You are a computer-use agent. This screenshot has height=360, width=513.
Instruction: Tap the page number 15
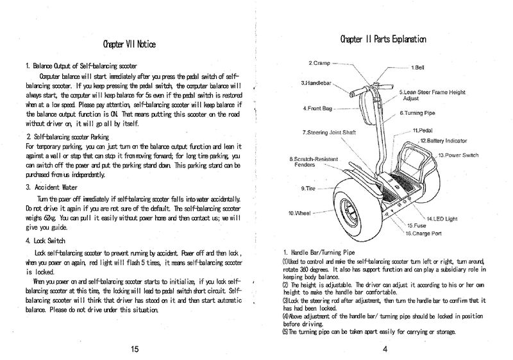pyautogui.click(x=134, y=349)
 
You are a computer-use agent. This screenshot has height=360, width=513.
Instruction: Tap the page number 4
pyautogui.click(x=383, y=349)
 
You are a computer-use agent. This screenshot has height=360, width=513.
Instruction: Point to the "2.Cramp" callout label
pyautogui.click(x=319, y=63)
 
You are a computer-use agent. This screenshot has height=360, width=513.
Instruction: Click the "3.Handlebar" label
pyautogui.click(x=315, y=83)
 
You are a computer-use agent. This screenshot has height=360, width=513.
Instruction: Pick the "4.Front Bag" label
pyautogui.click(x=317, y=108)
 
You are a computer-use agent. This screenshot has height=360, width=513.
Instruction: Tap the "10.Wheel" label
pyautogui.click(x=300, y=212)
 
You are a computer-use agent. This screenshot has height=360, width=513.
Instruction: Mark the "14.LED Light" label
pyautogui.click(x=442, y=219)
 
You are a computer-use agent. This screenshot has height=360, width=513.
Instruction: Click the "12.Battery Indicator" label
pyautogui.click(x=443, y=140)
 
